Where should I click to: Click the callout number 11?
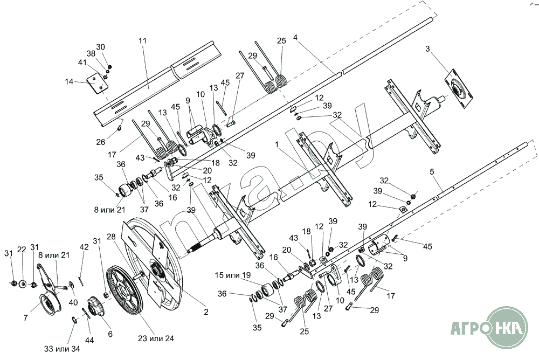pyautogui.click(x=142, y=41)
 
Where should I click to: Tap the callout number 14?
pyautogui.click(x=69, y=82)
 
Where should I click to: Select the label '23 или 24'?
pyautogui.click(x=156, y=338)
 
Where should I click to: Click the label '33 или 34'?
pyautogui.click(x=62, y=349)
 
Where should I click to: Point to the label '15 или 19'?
pyautogui.click(x=233, y=275)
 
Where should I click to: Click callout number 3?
pyautogui.click(x=427, y=49)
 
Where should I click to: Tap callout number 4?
pyautogui.click(x=295, y=37)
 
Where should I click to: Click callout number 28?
pyautogui.click(x=112, y=237)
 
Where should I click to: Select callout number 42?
pyautogui.click(x=84, y=247)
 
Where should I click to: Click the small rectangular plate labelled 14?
pyautogui.click(x=96, y=84)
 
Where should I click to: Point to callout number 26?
pyautogui.click(x=101, y=142)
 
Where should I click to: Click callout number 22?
pyautogui.click(x=22, y=250)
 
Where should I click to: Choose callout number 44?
pyautogui.click(x=89, y=340)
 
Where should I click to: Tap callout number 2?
pyautogui.click(x=206, y=312)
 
